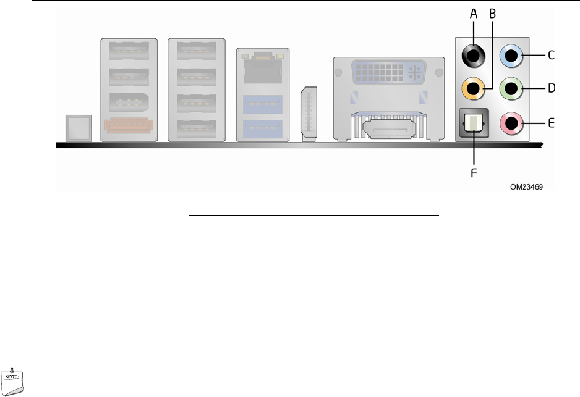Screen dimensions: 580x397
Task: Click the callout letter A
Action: click(474, 13)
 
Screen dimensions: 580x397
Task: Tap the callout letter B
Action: click(493, 13)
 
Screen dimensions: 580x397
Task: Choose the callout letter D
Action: click(551, 88)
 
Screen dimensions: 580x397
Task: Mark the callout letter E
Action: click(551, 123)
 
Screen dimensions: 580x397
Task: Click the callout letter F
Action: click(474, 173)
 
